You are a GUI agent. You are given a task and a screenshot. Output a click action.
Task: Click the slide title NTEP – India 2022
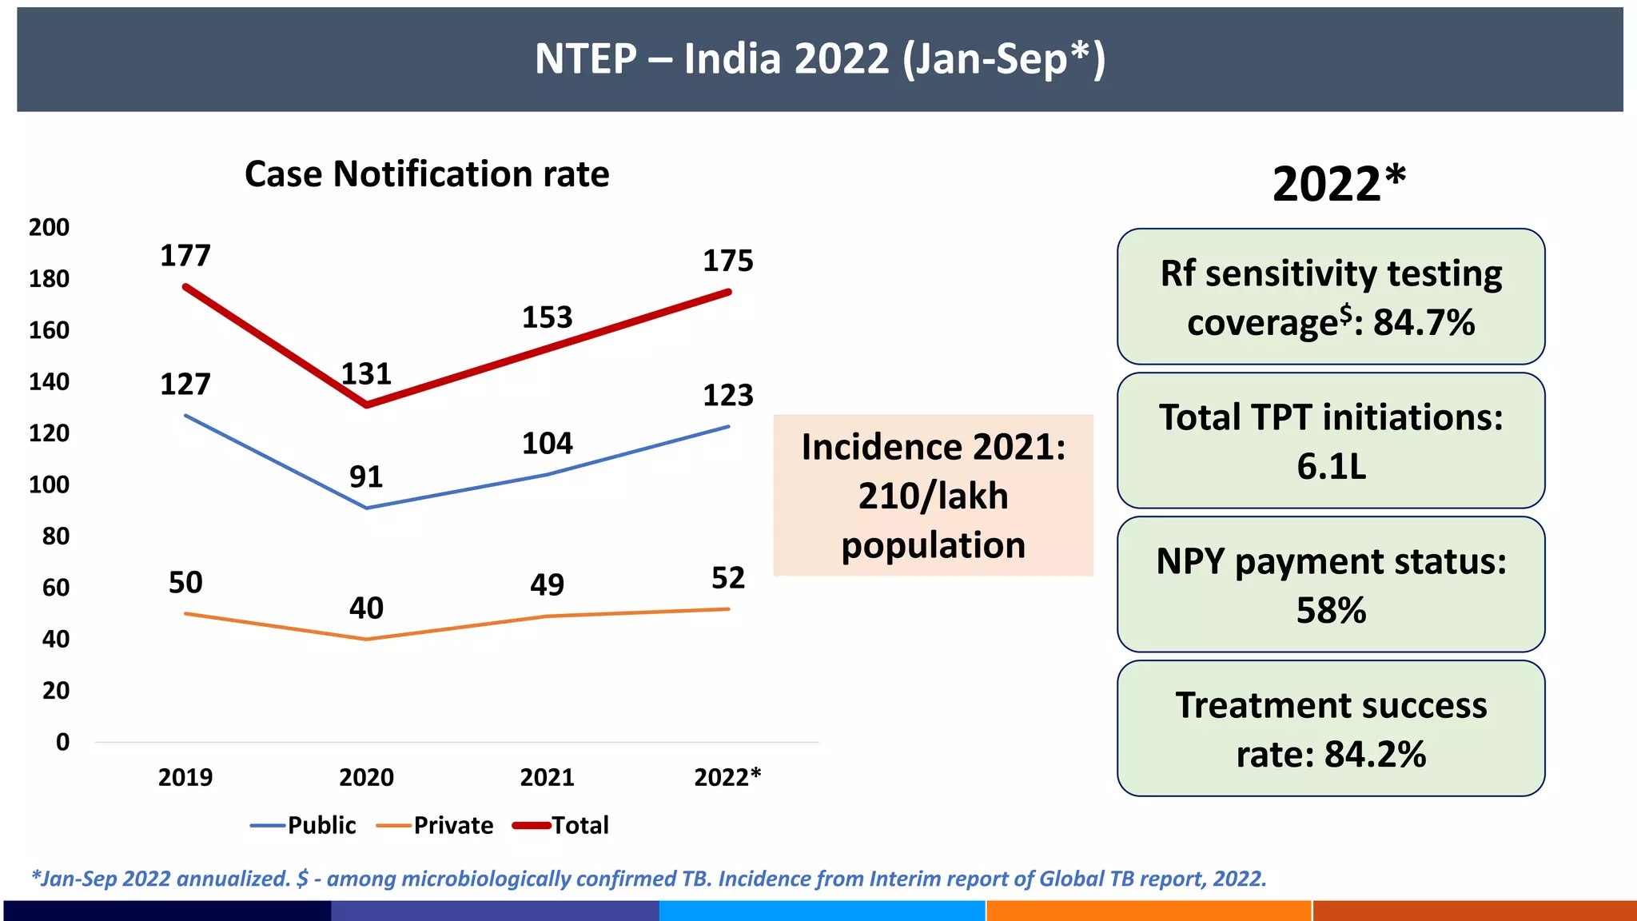pyautogui.click(x=820, y=59)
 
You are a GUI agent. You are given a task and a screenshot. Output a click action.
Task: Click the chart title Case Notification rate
pyautogui.click(x=427, y=173)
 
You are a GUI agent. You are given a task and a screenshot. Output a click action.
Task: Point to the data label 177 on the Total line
pyautogui.click(x=185, y=256)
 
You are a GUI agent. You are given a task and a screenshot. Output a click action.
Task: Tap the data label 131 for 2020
pyautogui.click(x=366, y=374)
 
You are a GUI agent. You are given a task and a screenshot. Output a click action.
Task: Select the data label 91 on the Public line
pyautogui.click(x=366, y=477)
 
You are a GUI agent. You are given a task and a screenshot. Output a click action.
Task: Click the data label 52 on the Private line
pyautogui.click(x=728, y=578)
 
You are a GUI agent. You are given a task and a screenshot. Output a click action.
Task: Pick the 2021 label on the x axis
pyautogui.click(x=547, y=777)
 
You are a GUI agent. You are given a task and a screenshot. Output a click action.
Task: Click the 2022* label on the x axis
pyautogui.click(x=727, y=777)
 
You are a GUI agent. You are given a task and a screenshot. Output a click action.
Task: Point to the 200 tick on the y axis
pyautogui.click(x=49, y=228)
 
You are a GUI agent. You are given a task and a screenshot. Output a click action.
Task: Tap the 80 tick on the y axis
pyautogui.click(x=55, y=536)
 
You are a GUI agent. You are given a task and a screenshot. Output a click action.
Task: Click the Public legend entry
pyautogui.click(x=304, y=825)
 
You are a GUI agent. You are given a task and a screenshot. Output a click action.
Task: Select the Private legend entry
pyautogui.click(x=436, y=825)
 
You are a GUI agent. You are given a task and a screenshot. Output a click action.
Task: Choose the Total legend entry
pyautogui.click(x=561, y=825)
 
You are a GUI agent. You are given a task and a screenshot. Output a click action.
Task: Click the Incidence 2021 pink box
pyautogui.click(x=933, y=495)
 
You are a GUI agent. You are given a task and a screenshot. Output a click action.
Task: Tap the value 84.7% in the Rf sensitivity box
pyautogui.click(x=1424, y=323)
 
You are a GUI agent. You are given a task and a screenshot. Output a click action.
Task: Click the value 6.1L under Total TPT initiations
pyautogui.click(x=1331, y=466)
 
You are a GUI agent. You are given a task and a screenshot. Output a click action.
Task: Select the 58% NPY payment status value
pyautogui.click(x=1331, y=611)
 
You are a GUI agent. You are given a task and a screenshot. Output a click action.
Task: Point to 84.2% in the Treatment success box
pyautogui.click(x=1375, y=755)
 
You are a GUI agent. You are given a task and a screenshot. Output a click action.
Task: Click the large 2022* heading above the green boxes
pyautogui.click(x=1338, y=184)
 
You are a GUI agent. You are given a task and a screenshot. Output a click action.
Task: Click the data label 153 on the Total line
pyautogui.click(x=547, y=317)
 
